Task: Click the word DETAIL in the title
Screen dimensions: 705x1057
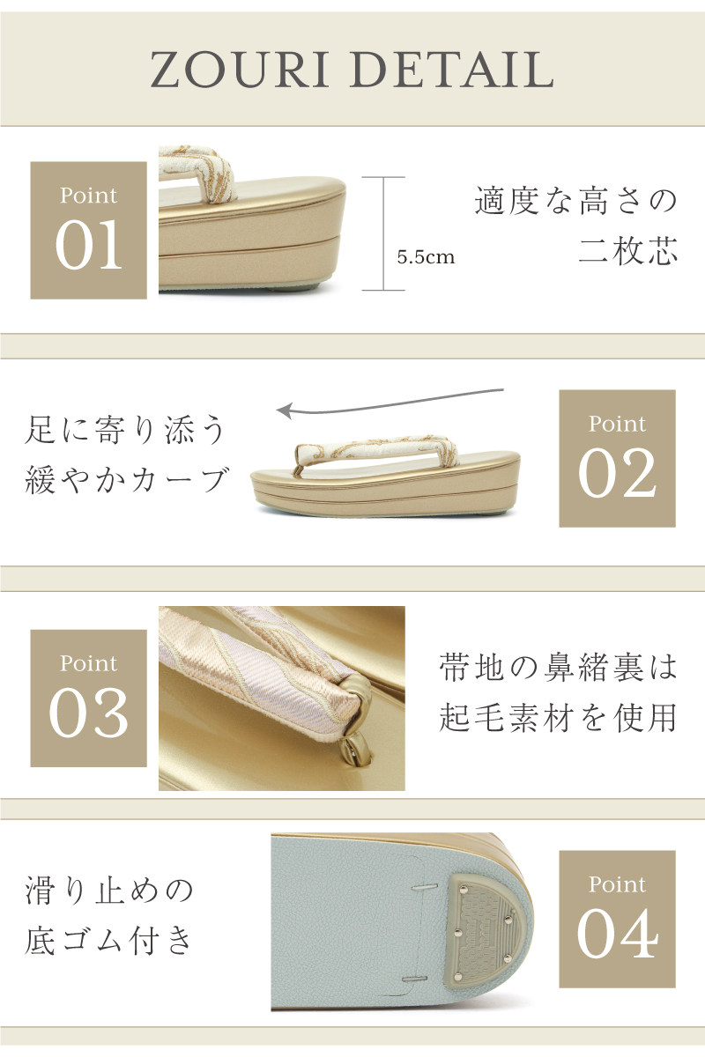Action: [x=453, y=70]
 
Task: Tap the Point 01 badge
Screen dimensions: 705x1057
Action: [x=89, y=230]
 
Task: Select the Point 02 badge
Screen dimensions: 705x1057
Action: [x=617, y=458]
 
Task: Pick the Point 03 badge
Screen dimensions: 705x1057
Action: [x=89, y=698]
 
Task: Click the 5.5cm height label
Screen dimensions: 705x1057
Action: [x=426, y=257]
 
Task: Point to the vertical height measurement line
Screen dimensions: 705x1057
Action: [x=383, y=233]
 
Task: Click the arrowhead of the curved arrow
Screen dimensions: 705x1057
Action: [x=286, y=410]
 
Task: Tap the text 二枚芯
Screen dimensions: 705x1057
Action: [x=628, y=250]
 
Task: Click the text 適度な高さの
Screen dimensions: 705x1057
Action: [x=575, y=201]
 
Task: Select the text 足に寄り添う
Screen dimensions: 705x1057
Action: [x=125, y=430]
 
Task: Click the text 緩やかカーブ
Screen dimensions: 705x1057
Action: [x=126, y=479]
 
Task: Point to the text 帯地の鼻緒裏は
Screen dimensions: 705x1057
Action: [x=559, y=668]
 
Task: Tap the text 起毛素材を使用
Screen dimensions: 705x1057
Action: [x=559, y=717]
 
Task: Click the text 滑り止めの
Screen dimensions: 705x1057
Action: [x=109, y=891]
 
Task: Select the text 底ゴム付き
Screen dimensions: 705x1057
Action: [x=109, y=940]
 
